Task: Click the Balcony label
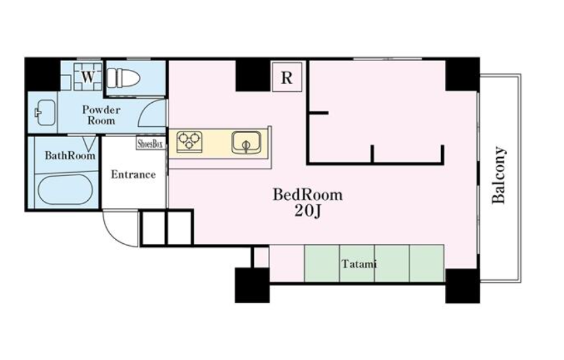coord(500,175)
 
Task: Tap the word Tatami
coord(359,264)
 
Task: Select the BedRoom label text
coord(308,195)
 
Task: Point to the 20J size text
coord(308,212)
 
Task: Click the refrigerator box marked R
coord(287,77)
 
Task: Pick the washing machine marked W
coord(88,77)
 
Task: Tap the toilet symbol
coord(124,78)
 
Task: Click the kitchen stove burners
coord(189,140)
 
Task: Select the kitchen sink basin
coord(246,142)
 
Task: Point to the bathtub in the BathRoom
coord(65,190)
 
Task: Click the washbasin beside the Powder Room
coord(45,113)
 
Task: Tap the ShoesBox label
coord(150,144)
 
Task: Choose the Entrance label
coord(133,175)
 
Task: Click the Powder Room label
coord(101,115)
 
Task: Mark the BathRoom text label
coord(70,155)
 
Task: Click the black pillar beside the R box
coord(252,76)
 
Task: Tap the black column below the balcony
coord(463,286)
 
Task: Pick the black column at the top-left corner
coord(42,75)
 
